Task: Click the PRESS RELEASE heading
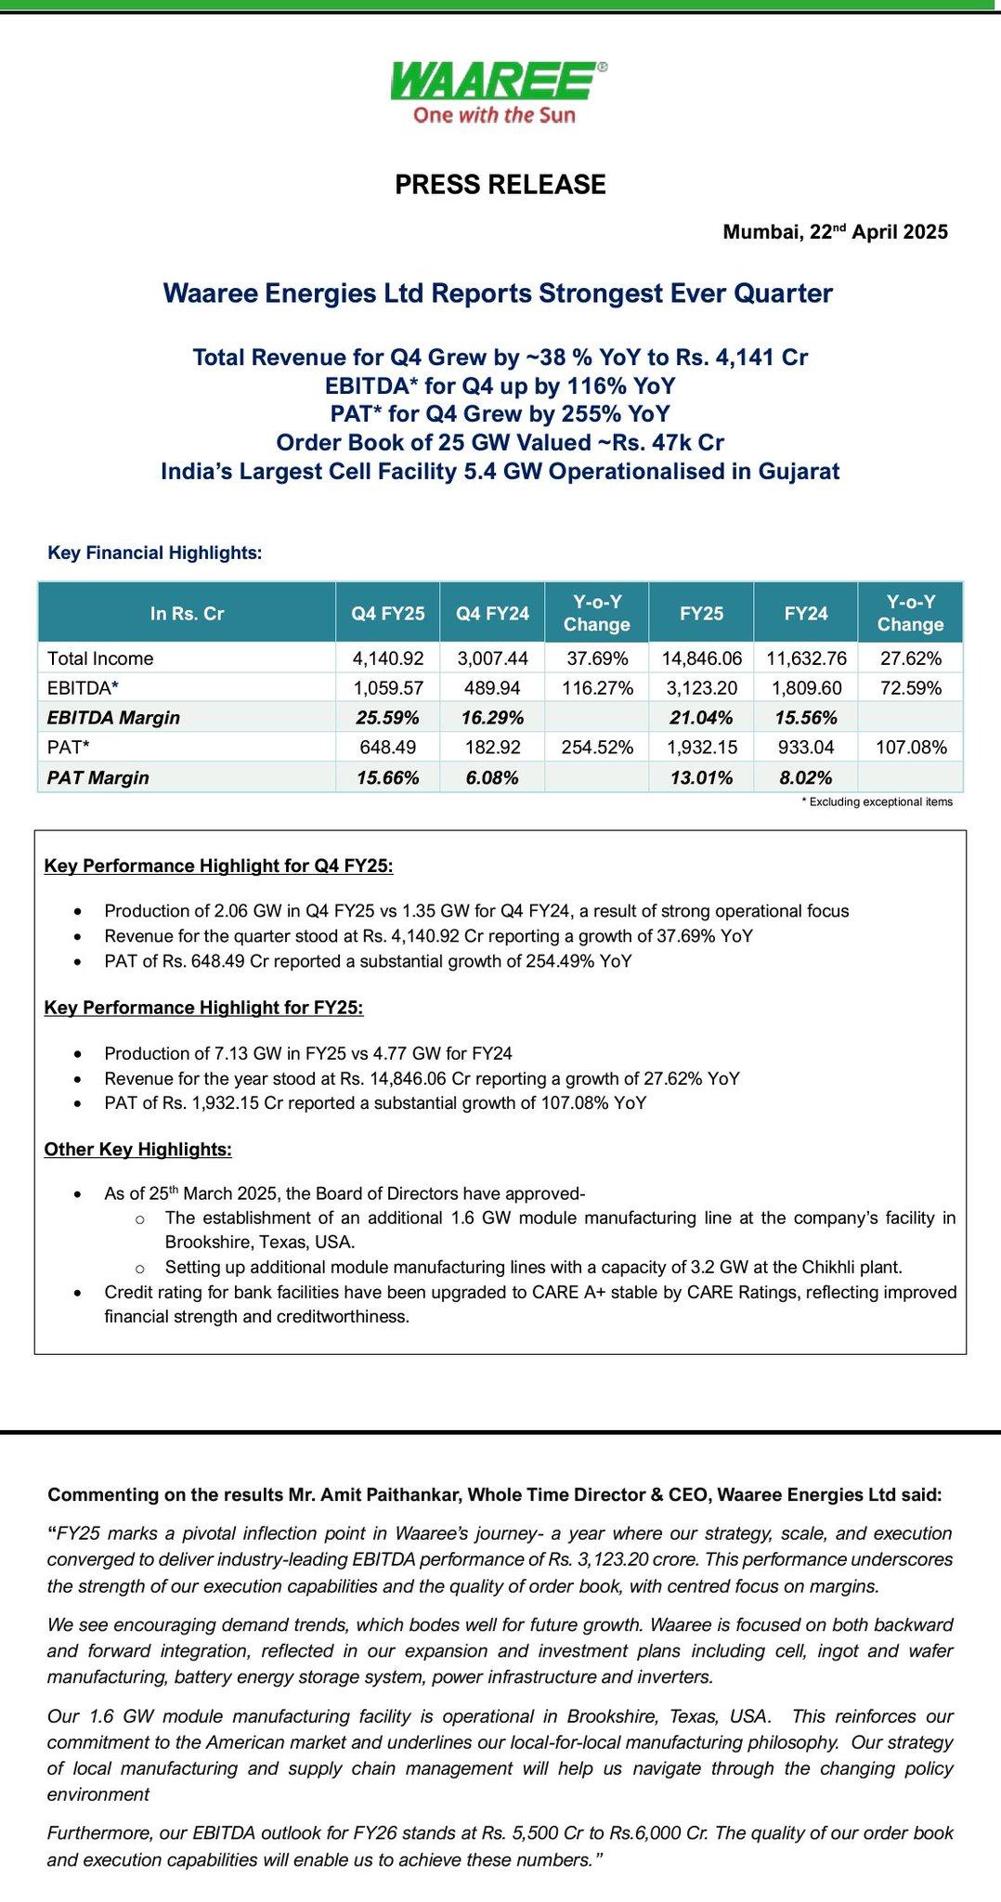[500, 185]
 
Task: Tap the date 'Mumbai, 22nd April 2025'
[836, 232]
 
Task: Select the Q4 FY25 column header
[388, 613]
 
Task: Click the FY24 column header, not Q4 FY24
[806, 613]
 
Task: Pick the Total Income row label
[100, 658]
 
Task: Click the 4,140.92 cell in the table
[388, 658]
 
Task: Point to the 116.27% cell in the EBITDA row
[597, 688]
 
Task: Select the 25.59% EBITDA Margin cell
[388, 718]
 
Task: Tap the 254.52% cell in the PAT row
[597, 748]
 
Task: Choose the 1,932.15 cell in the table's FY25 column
[701, 748]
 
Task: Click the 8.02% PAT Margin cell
[806, 777]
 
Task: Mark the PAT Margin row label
[98, 777]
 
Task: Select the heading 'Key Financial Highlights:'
[155, 553]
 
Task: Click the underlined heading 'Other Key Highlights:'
[138, 1150]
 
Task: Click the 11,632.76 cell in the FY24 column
[806, 658]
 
